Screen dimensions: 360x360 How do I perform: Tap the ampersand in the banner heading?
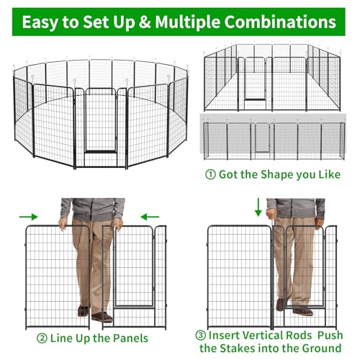(x=145, y=22)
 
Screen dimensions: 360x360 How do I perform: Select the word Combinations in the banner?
(x=280, y=22)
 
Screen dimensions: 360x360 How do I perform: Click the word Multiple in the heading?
(x=187, y=22)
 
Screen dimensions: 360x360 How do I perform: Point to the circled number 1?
(x=210, y=175)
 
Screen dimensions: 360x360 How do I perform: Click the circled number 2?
(x=42, y=338)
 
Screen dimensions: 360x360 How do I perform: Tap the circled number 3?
(x=201, y=336)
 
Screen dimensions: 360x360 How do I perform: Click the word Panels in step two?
(x=130, y=338)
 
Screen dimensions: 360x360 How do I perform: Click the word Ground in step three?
(x=322, y=348)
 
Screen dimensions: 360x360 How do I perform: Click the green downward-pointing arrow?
(x=258, y=207)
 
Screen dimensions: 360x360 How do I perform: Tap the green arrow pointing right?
(x=29, y=217)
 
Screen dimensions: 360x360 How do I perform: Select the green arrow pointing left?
(x=150, y=217)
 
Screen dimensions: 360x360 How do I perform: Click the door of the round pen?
(x=101, y=121)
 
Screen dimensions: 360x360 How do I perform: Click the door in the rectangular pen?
(x=255, y=78)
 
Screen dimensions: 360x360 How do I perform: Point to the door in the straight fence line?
(x=262, y=138)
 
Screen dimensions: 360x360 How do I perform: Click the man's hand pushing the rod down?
(x=271, y=215)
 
